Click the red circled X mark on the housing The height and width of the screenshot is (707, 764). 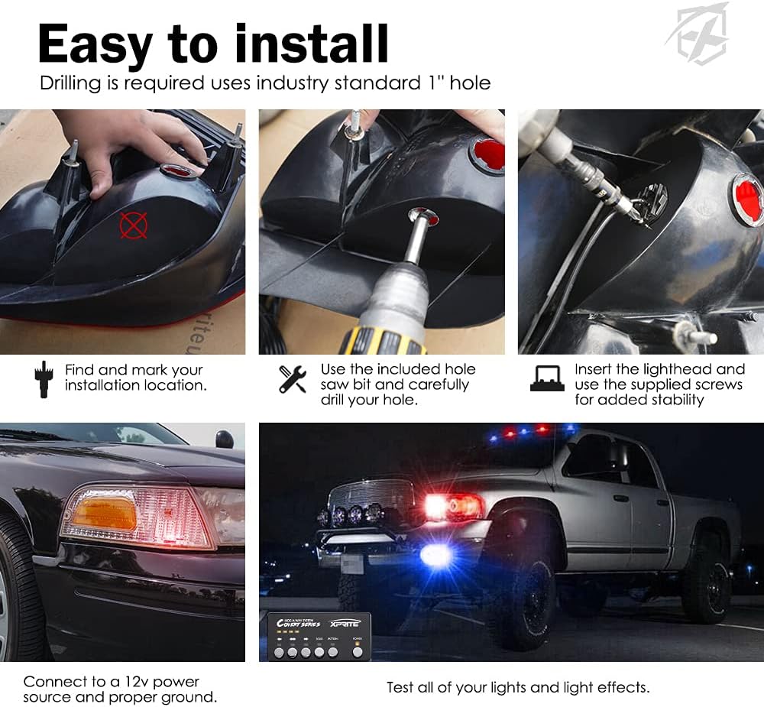click(133, 225)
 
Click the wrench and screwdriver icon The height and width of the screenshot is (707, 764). click(292, 378)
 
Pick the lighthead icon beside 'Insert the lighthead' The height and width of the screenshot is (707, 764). click(547, 378)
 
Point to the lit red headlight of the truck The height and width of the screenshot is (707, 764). click(452, 506)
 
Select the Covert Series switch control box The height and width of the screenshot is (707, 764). click(319, 635)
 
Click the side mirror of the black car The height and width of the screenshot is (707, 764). click(224, 439)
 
